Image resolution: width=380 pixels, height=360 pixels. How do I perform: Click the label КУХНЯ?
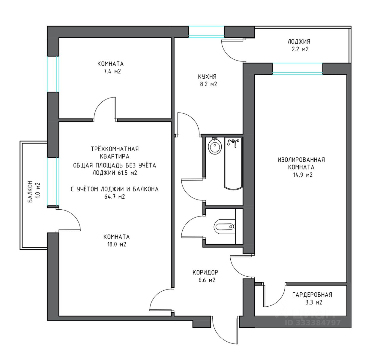207,77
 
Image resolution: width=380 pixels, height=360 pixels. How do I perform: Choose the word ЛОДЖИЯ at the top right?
299,42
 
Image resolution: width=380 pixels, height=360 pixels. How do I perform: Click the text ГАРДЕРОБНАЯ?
312,295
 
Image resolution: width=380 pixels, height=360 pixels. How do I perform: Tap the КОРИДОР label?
205,272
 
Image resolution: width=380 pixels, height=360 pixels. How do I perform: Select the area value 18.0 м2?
117,245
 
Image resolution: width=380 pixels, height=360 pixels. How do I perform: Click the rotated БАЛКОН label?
31,192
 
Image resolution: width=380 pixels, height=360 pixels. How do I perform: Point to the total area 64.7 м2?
114,197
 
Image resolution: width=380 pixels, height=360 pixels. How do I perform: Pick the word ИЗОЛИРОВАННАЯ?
301,160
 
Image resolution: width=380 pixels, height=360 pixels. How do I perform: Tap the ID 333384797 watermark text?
313,322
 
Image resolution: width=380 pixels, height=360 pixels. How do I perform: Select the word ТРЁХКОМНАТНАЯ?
115,149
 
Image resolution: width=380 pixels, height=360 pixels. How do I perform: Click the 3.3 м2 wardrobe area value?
313,302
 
